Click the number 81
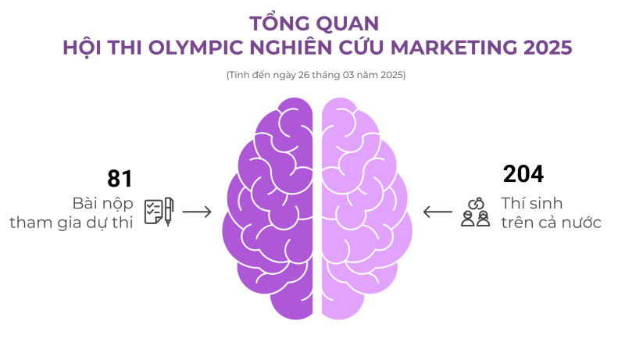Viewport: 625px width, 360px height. (x=120, y=179)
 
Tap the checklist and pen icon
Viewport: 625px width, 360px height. (x=159, y=211)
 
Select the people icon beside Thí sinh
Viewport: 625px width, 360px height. (x=475, y=212)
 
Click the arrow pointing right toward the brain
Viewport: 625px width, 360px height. (x=197, y=212)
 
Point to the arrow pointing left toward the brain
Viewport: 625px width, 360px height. (x=437, y=212)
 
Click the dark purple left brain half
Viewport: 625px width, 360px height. (x=270, y=211)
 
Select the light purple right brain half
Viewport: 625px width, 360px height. (x=363, y=211)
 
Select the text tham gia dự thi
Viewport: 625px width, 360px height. (x=71, y=223)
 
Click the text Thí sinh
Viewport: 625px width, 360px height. (x=532, y=203)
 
